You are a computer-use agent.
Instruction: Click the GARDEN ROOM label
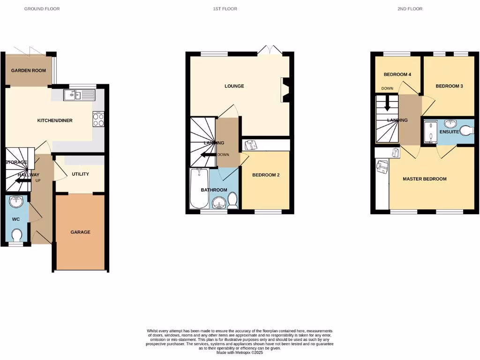(x=29, y=70)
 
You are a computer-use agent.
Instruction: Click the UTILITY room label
(x=80, y=174)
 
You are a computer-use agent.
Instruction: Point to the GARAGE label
(x=80, y=232)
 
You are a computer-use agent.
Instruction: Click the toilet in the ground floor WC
(x=17, y=234)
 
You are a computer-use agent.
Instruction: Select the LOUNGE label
(x=234, y=86)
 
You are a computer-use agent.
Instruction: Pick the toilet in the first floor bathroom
(x=232, y=201)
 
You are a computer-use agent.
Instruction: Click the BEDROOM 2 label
(x=266, y=175)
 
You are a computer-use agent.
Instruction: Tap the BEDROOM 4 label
(x=397, y=75)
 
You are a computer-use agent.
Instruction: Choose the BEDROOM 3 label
(x=449, y=86)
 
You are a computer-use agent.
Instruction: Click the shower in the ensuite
(x=430, y=132)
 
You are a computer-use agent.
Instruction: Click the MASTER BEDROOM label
(x=425, y=179)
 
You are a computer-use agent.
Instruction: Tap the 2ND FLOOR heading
(x=410, y=9)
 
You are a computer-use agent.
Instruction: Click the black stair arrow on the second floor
(x=387, y=104)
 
